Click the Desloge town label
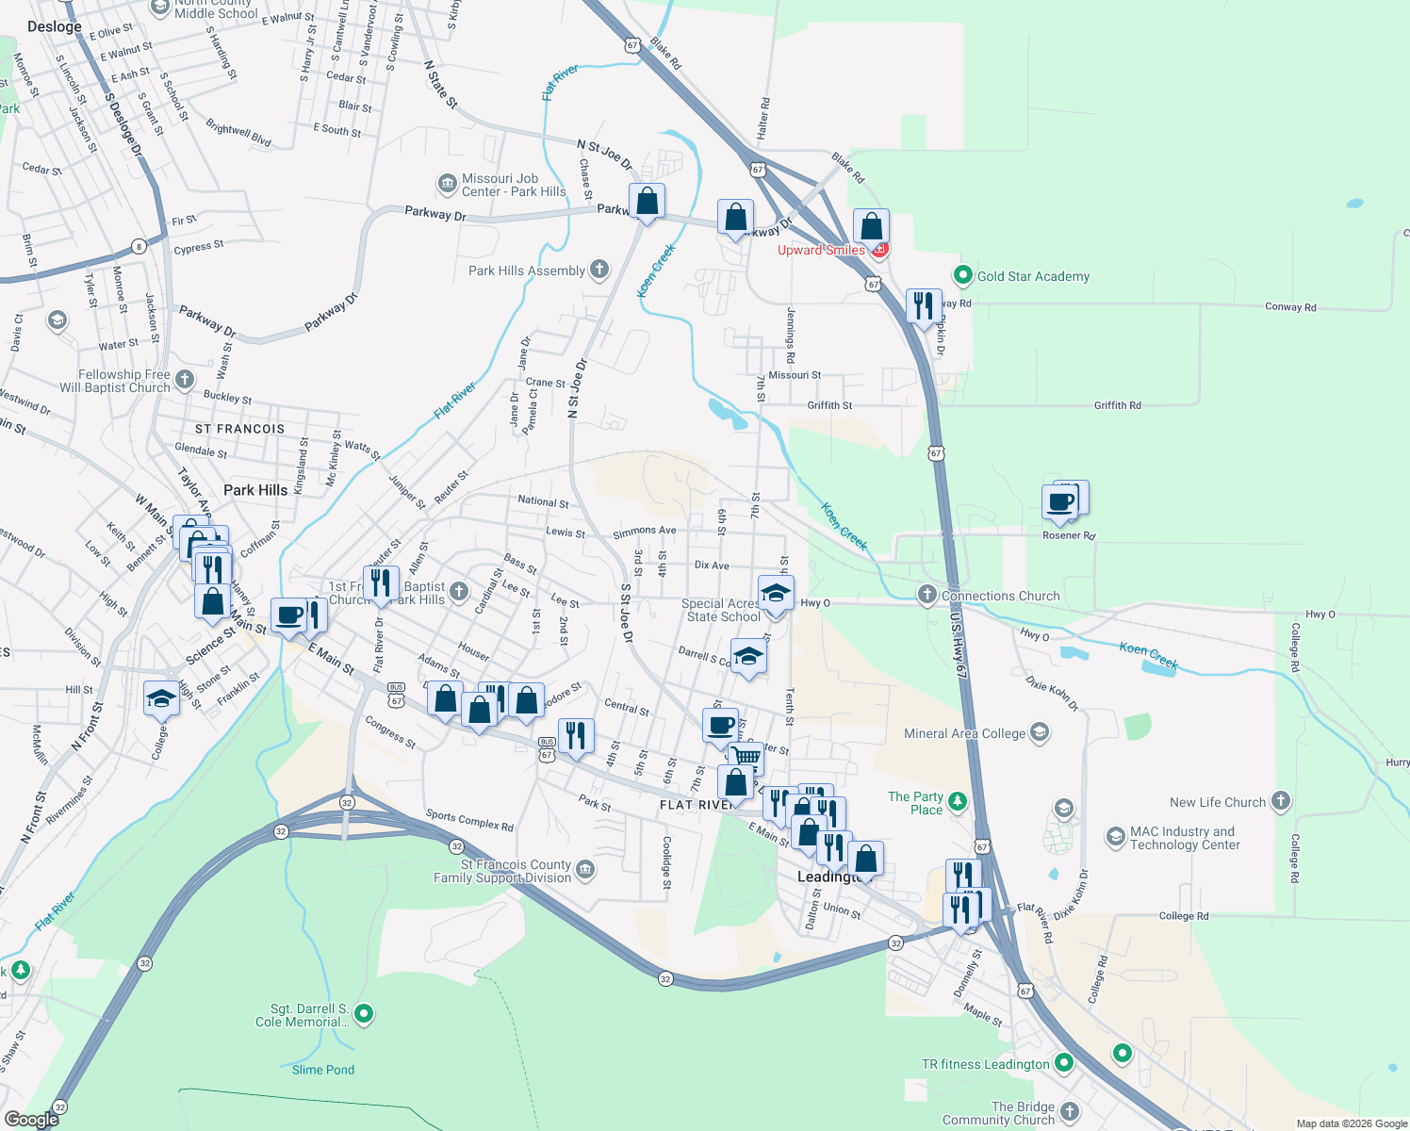coord(55,26)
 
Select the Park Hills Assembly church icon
coord(599,270)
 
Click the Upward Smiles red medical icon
coord(879,250)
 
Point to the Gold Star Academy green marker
coord(962,275)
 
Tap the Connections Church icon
coord(927,595)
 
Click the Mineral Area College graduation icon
coord(1040,732)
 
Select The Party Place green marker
coord(958,802)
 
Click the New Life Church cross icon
coord(1280,801)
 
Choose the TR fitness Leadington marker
coord(1064,1063)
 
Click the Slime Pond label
coord(323,1070)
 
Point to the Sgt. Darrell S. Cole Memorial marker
coord(364,1014)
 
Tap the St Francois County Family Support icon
coord(585,869)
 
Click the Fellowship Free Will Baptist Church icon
coord(185,379)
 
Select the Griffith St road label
coord(829,405)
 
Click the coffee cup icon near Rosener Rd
coord(1060,501)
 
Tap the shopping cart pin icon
coord(747,756)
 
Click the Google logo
coord(32,1120)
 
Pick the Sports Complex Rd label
coord(469,820)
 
